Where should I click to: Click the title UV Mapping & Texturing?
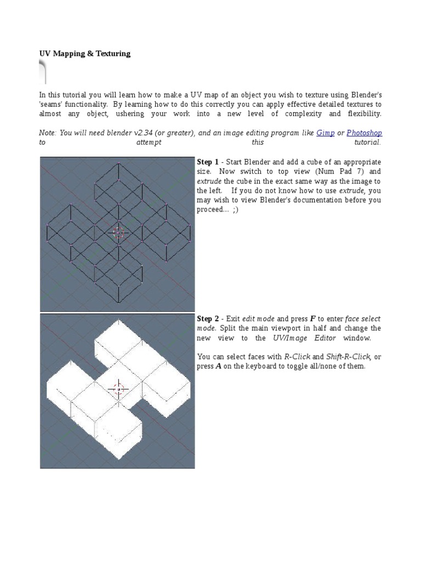[84, 54]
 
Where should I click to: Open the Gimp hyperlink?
[325, 133]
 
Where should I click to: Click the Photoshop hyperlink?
[364, 133]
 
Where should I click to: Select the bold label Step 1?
[208, 162]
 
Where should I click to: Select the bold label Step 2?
[208, 319]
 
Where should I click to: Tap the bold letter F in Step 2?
[312, 319]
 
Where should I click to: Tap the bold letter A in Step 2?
[219, 366]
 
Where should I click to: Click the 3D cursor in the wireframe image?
[118, 232]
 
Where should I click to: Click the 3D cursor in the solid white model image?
[118, 389]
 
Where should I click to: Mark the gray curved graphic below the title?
[43, 71]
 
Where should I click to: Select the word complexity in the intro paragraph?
[298, 113]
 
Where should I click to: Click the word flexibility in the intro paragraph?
[363, 113]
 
